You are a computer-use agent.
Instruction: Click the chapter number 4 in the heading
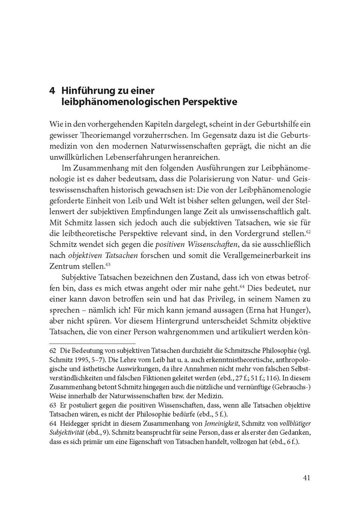(52, 91)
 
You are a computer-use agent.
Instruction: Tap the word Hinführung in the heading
(86, 91)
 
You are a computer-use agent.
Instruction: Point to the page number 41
(308, 477)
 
